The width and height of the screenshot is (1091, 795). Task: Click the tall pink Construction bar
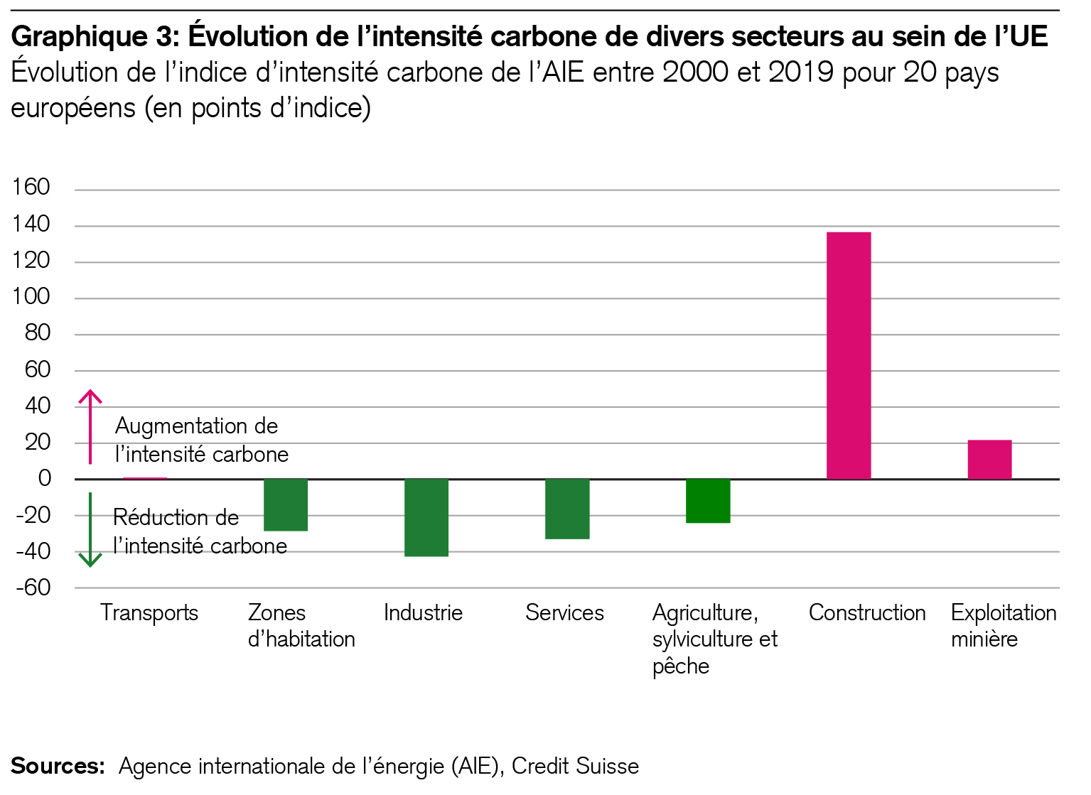coord(849,355)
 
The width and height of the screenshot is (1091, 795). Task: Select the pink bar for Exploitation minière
coord(989,460)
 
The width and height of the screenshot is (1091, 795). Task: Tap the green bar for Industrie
coord(426,517)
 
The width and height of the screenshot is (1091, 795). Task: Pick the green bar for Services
coord(567,509)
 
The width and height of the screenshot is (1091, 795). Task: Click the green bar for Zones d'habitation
coord(286,504)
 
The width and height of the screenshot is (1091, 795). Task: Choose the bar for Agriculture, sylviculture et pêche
coord(708,501)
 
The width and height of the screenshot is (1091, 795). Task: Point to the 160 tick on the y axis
coord(31,188)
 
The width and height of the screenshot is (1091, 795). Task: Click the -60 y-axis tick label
coord(33,588)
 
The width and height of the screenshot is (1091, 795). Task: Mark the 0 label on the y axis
coord(45,478)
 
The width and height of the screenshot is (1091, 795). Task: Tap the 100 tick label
coord(31,296)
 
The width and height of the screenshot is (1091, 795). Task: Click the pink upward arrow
coord(90,426)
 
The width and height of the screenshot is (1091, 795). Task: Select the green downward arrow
coord(90,530)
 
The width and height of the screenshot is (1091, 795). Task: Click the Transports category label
coord(149,612)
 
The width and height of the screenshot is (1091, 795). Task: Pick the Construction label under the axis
coord(867,612)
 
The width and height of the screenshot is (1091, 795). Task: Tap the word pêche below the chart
coord(681,666)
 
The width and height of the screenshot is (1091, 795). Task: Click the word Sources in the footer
coord(57,766)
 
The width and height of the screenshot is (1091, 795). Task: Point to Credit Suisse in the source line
coord(575,766)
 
